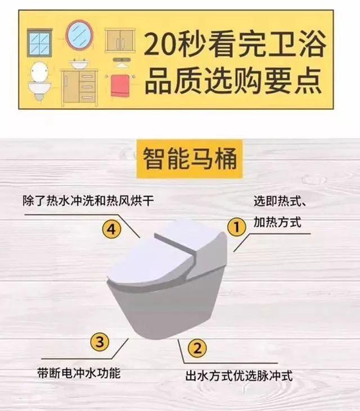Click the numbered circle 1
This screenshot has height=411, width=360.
point(237,227)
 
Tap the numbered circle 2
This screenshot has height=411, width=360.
point(196,348)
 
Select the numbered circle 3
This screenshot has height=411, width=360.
point(99,341)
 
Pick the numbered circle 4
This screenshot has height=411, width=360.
point(112,229)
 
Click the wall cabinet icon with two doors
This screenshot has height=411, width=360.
point(120,41)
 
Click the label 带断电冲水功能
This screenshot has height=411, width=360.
point(78,373)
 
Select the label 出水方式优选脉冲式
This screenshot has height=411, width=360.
point(239,376)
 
